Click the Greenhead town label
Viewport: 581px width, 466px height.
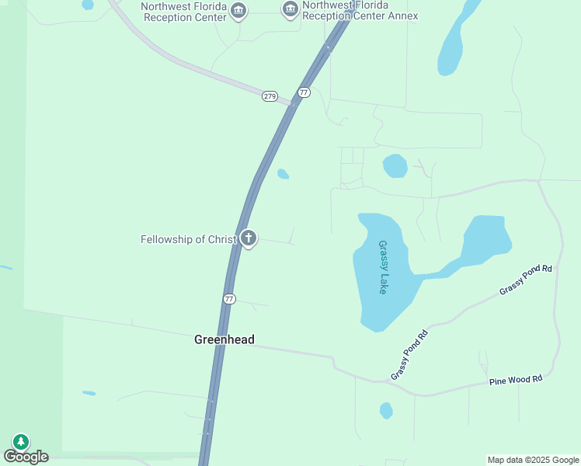[224, 339]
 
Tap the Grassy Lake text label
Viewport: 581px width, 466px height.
[383, 266]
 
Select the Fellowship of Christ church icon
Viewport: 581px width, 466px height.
[249, 238]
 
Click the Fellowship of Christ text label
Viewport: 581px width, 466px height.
[188, 239]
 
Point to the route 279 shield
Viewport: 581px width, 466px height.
[270, 96]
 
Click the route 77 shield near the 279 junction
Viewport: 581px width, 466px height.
[304, 92]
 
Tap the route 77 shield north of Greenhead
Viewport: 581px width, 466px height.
[229, 299]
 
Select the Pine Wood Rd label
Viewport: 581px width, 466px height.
[516, 380]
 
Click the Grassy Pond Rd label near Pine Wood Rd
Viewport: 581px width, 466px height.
[409, 356]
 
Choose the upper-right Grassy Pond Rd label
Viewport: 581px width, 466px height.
[526, 280]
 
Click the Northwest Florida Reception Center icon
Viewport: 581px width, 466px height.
[238, 10]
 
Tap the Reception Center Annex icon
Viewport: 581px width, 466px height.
[290, 9]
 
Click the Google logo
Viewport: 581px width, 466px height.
[26, 457]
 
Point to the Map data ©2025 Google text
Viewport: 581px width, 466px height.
[532, 460]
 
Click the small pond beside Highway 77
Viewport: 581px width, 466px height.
[284, 174]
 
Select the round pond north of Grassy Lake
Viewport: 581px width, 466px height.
[395, 165]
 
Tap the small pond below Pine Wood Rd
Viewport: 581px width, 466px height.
[386, 410]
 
